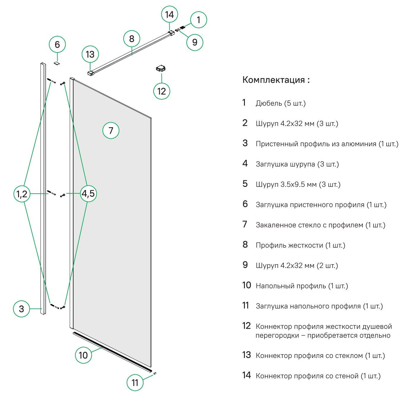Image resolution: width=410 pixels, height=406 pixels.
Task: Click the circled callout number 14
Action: click(169, 15)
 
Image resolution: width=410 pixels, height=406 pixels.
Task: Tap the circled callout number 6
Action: click(57, 44)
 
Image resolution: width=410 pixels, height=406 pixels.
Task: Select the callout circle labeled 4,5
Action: click(88, 194)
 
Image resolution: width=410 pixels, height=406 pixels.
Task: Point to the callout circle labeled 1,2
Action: click(22, 194)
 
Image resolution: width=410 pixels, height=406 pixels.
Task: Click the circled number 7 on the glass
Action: click(111, 130)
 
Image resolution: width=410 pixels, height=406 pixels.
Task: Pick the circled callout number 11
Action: click(135, 383)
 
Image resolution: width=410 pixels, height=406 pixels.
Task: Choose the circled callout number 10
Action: click(83, 355)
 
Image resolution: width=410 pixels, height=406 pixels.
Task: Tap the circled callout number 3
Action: click(21, 309)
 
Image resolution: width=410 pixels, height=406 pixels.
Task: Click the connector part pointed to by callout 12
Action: click(161, 69)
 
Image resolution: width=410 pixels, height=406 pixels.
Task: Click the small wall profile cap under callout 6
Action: click(57, 63)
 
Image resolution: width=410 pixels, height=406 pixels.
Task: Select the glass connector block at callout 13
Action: click(91, 73)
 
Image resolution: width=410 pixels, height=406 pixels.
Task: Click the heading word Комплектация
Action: click(274, 80)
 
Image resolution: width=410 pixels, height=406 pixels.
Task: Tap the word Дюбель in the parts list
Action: click(269, 104)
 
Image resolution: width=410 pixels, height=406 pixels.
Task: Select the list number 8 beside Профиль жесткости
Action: click(245, 245)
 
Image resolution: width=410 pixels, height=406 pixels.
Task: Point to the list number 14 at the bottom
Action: click(246, 375)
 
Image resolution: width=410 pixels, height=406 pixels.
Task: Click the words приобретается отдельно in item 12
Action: click(349, 335)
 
